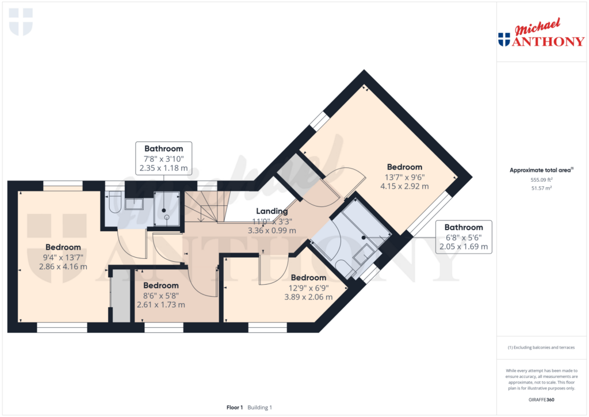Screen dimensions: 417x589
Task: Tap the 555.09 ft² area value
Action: pyautogui.click(x=541, y=179)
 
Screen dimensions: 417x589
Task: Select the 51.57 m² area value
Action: pyautogui.click(x=541, y=188)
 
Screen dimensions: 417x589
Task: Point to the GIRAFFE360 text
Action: pyautogui.click(x=541, y=400)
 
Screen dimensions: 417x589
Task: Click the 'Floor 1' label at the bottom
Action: pyautogui.click(x=235, y=407)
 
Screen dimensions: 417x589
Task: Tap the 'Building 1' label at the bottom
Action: pyautogui.click(x=260, y=407)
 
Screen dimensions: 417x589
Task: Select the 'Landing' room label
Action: pyautogui.click(x=271, y=212)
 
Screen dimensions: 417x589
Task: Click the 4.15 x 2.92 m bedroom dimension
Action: pyautogui.click(x=404, y=186)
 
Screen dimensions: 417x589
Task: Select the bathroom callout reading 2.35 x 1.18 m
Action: pyautogui.click(x=163, y=169)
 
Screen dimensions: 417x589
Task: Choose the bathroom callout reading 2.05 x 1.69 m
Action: pyautogui.click(x=464, y=247)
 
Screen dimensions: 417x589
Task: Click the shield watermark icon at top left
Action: pyautogui.click(x=21, y=21)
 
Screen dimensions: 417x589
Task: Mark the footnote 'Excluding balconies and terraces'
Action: pyautogui.click(x=541, y=347)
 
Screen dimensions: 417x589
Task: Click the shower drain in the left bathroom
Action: pyautogui.click(x=164, y=211)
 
